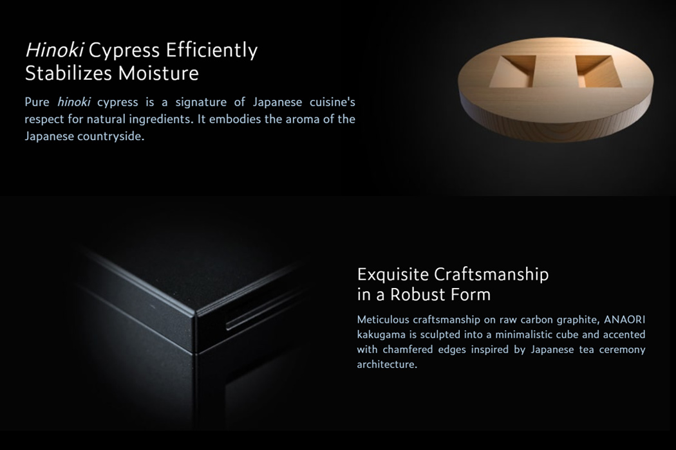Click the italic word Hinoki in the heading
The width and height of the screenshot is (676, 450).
point(55,50)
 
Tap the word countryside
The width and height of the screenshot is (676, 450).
point(111,136)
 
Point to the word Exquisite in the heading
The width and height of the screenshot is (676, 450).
point(393,274)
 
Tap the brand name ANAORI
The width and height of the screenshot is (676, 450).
point(624,319)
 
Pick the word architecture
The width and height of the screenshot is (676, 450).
point(386,364)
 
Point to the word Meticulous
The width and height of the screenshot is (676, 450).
point(382,319)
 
